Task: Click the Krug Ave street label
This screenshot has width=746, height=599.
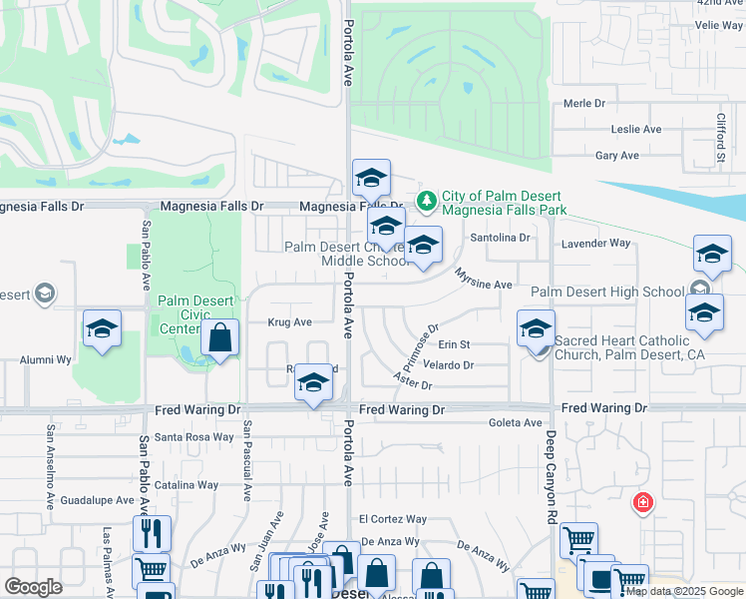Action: [x=289, y=322]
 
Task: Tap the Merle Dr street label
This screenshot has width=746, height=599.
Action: [x=584, y=103]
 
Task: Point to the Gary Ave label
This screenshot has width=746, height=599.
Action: [x=616, y=156]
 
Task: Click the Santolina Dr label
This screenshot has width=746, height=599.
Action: [x=503, y=239]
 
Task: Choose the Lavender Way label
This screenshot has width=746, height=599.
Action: [x=596, y=243]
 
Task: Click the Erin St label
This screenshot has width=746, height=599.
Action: [x=453, y=344]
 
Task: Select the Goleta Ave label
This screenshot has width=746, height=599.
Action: [x=515, y=423]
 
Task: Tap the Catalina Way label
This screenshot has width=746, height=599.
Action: [x=186, y=485]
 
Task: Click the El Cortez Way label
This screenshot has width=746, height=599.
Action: [x=393, y=519]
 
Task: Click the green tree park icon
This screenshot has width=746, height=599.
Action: [x=427, y=202]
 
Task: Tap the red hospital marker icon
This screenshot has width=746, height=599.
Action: [x=642, y=502]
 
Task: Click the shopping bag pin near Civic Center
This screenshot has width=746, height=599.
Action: [x=220, y=338]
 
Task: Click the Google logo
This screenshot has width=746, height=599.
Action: [x=34, y=587]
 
